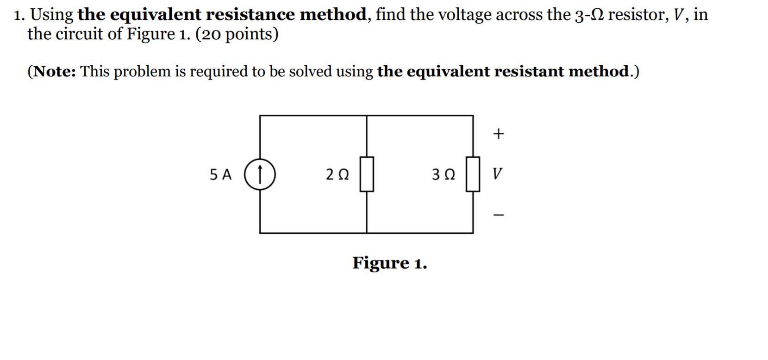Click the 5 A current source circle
(260, 174)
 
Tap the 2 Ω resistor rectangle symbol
(367, 174)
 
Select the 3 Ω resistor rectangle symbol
(473, 174)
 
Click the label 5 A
(220, 174)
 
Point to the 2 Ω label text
(337, 174)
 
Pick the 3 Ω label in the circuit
(443, 174)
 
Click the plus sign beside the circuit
(498, 134)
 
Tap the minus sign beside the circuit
(498, 215)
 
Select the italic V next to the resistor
(497, 174)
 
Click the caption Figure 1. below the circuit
(389, 263)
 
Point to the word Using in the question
(52, 15)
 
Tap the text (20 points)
(237, 34)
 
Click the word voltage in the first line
(464, 15)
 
